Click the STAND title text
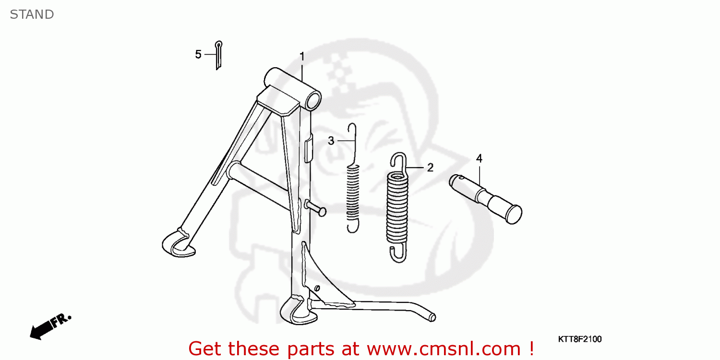32,14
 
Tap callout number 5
198,55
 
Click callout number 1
302,57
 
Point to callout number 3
331,141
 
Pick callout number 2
430,168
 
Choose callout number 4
479,158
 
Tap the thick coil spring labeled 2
398,206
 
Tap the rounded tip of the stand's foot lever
432,317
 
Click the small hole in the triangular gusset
317,288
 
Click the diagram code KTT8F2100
579,339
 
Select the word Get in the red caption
206,348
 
